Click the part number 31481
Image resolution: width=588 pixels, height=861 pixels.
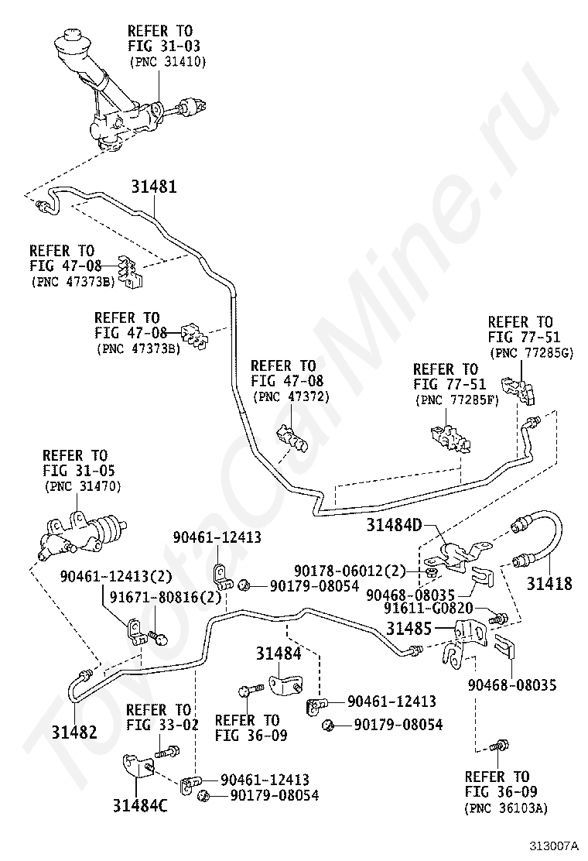coord(153,187)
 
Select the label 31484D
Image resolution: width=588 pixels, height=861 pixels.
coord(394,526)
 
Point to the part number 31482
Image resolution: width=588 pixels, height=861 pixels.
coord(74,731)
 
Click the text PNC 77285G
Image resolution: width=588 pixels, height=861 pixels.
coord(531,352)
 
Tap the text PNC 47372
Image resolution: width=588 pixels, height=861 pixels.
coord(291,396)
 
